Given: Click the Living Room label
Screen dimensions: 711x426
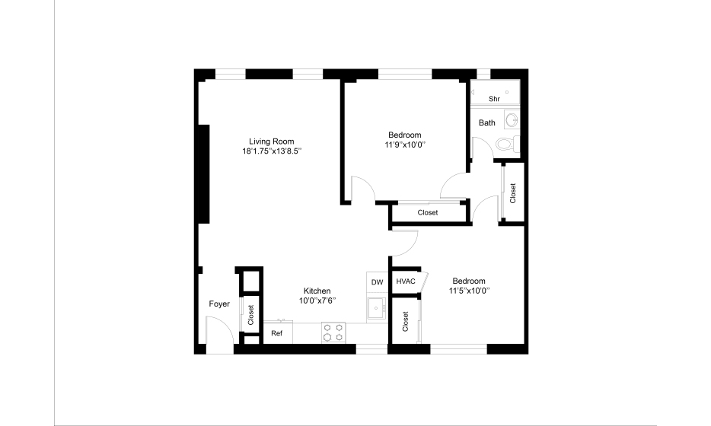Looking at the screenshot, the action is click(271, 141).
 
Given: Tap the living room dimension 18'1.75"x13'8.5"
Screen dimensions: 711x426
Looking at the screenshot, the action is click(272, 151).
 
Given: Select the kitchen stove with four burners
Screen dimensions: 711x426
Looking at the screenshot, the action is click(333, 332).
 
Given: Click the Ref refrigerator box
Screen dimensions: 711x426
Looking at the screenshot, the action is click(278, 332).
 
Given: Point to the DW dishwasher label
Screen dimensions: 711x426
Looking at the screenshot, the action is click(377, 282).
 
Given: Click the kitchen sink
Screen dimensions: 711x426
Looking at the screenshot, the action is click(376, 309).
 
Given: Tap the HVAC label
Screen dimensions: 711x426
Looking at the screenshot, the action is click(406, 281).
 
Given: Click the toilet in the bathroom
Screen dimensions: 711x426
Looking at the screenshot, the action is click(508, 144).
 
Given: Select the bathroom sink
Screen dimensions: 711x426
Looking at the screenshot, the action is click(512, 120).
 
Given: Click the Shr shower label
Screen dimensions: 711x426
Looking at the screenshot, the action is click(494, 99).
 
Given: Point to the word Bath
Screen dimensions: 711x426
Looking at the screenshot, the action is click(487, 122).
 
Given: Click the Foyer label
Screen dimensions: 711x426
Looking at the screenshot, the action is click(219, 304).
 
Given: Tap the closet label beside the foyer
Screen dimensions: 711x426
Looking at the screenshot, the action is click(250, 314).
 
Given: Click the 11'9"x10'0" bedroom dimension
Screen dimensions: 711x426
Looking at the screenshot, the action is click(405, 145).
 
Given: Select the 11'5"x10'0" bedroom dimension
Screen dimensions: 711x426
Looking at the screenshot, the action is click(469, 291).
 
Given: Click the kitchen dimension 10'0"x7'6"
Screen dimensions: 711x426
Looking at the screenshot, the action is click(317, 300).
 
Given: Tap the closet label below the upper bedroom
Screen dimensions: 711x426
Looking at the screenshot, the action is click(428, 212).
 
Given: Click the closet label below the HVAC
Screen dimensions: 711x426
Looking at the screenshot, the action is click(406, 321).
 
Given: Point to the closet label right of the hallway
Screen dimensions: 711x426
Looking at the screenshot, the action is click(513, 193).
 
